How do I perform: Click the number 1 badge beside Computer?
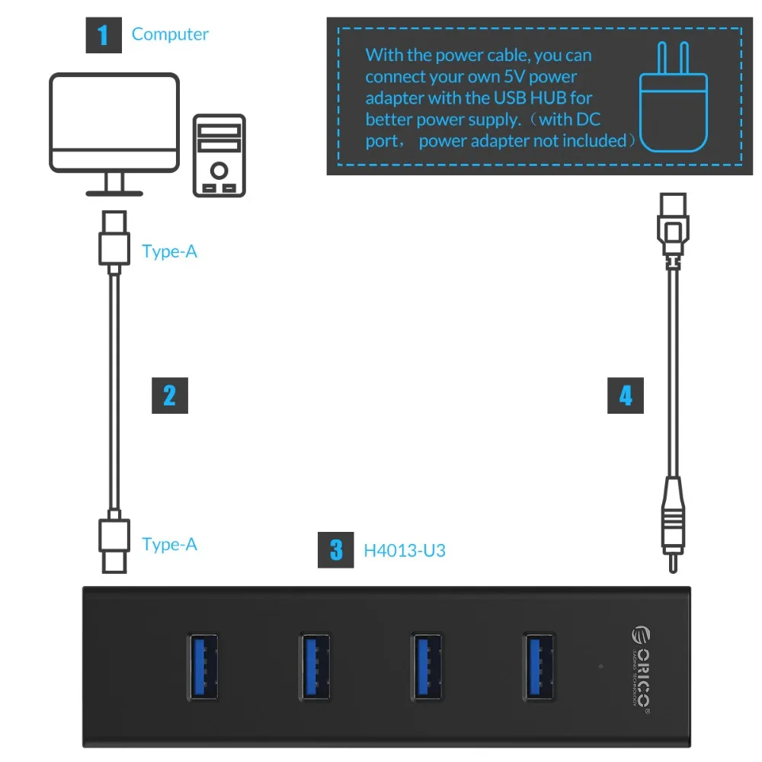[104, 35]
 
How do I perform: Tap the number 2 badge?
[169, 395]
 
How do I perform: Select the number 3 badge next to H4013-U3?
[336, 549]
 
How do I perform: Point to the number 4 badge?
[625, 396]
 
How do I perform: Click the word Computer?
[170, 34]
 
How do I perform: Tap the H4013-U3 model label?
[404, 549]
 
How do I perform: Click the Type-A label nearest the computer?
[169, 251]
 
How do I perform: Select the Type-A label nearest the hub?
[169, 544]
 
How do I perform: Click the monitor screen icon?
[114, 122]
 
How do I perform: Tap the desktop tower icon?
[219, 156]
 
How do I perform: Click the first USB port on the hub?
[203, 665]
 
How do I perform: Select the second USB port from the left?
[315, 665]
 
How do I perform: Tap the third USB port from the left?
[427, 665]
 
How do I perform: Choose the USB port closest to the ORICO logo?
[539, 665]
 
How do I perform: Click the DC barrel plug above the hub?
[671, 526]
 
